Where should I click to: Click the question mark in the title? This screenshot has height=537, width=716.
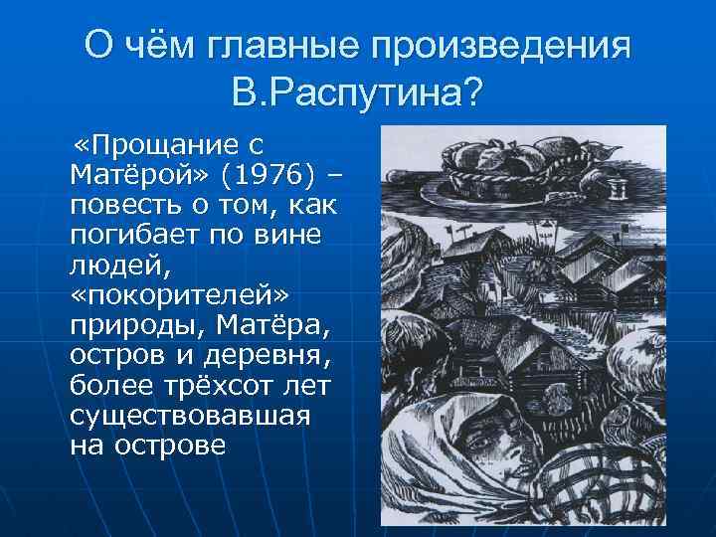click(471, 93)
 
